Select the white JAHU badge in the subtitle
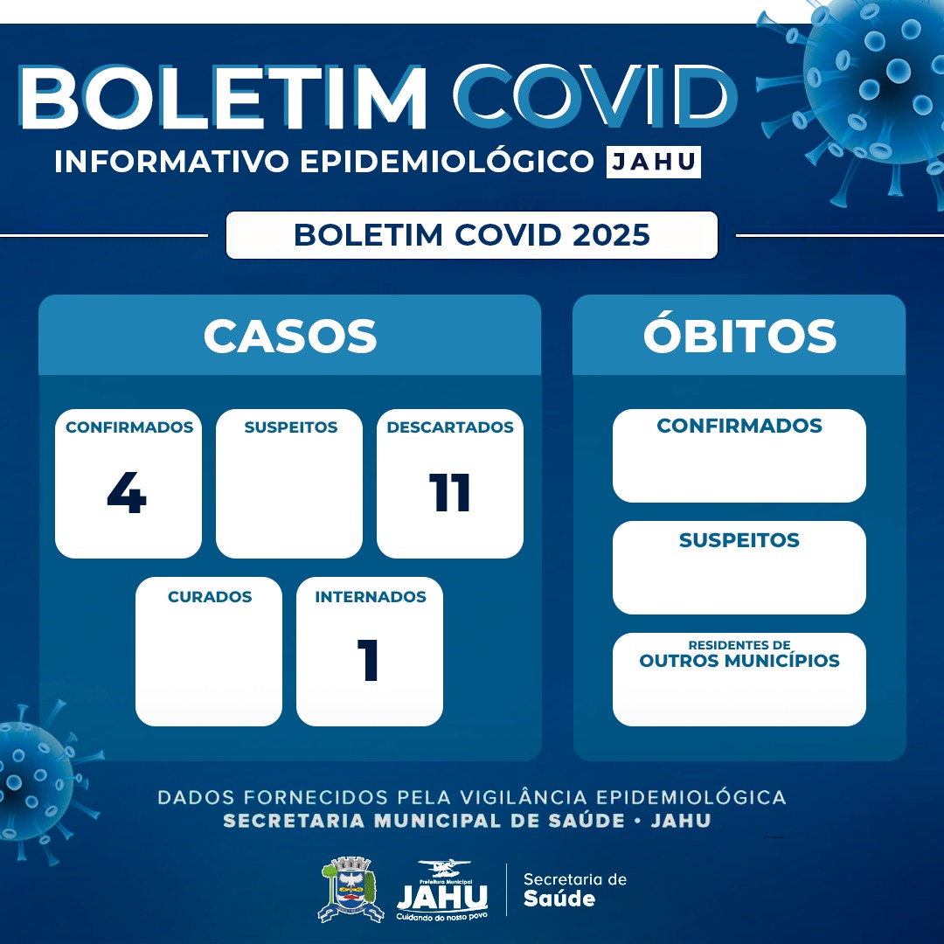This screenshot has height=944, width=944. coord(654,163)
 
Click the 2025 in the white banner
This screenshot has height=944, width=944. coord(608,235)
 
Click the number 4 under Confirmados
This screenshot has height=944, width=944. coord(127,494)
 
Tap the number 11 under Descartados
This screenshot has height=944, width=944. coord(450,494)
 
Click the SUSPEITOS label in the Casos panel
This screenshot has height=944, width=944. coord(290,427)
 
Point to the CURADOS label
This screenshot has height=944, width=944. coord(210,597)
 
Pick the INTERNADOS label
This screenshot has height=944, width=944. coord(371,597)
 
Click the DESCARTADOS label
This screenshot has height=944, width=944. coord(450,427)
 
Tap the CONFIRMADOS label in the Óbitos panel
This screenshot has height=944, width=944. coord(739,426)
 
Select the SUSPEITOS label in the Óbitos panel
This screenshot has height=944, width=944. coord(739,540)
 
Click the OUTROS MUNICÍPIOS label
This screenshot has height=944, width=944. coord(739,661)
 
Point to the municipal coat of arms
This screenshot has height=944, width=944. coord(350,890)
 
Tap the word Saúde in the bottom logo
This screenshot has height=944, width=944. coord(559,899)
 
